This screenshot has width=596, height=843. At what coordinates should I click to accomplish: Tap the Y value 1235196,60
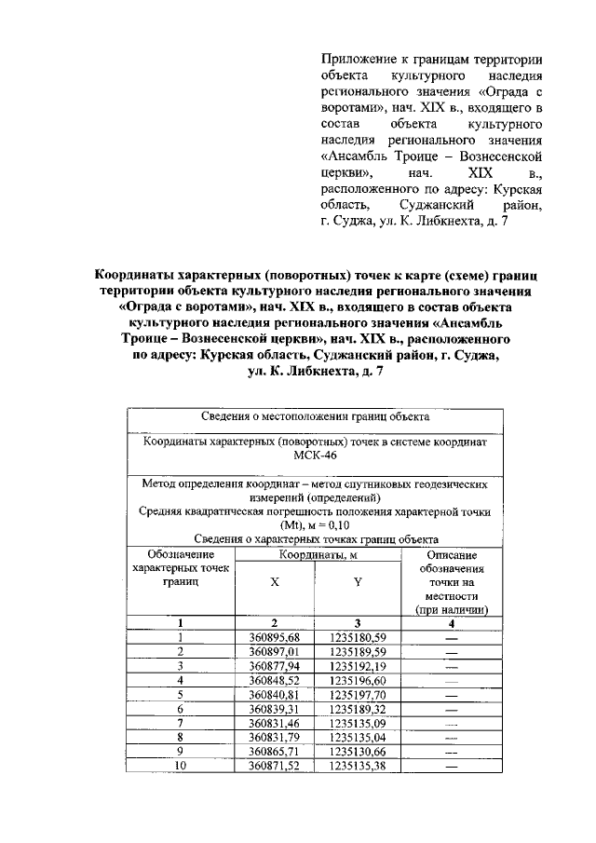[358, 681]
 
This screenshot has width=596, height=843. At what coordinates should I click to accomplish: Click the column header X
[274, 579]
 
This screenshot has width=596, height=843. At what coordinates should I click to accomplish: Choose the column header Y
[358, 579]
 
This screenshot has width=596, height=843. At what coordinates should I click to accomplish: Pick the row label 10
[181, 766]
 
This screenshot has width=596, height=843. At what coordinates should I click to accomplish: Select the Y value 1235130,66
[358, 752]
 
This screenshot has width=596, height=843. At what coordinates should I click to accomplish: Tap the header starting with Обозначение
[181, 554]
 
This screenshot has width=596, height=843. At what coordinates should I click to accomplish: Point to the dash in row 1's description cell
[452, 637]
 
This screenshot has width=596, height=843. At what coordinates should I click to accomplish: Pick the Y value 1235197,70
[358, 695]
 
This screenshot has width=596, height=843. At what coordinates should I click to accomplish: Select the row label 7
[181, 723]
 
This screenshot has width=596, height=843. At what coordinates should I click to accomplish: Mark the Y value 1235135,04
[358, 738]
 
